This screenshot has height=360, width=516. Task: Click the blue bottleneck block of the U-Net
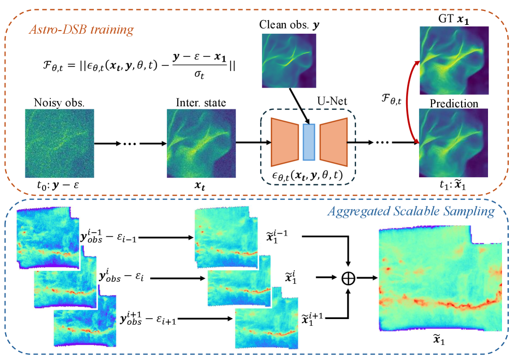[x=309, y=142]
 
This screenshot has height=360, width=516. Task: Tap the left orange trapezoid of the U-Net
[x=285, y=142]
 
